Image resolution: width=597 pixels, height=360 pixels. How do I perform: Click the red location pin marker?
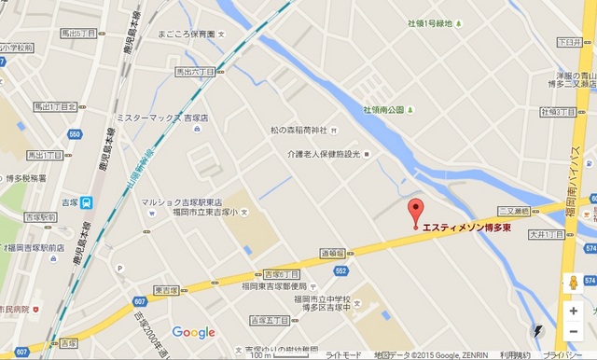point(416,210)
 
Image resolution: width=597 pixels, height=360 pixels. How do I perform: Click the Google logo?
point(193,332)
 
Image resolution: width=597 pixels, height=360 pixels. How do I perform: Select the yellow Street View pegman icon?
point(573,284)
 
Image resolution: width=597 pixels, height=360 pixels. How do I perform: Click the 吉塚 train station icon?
point(86,201)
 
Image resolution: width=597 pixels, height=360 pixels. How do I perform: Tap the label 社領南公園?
point(383,110)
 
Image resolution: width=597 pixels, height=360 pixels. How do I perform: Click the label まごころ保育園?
point(187,34)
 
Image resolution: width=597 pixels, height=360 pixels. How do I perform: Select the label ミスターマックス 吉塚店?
point(155,118)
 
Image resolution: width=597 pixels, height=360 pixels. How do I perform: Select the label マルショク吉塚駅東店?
point(181,201)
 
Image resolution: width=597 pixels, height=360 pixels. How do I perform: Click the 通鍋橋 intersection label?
point(333,252)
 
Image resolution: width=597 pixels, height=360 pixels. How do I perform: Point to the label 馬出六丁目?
point(195,71)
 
